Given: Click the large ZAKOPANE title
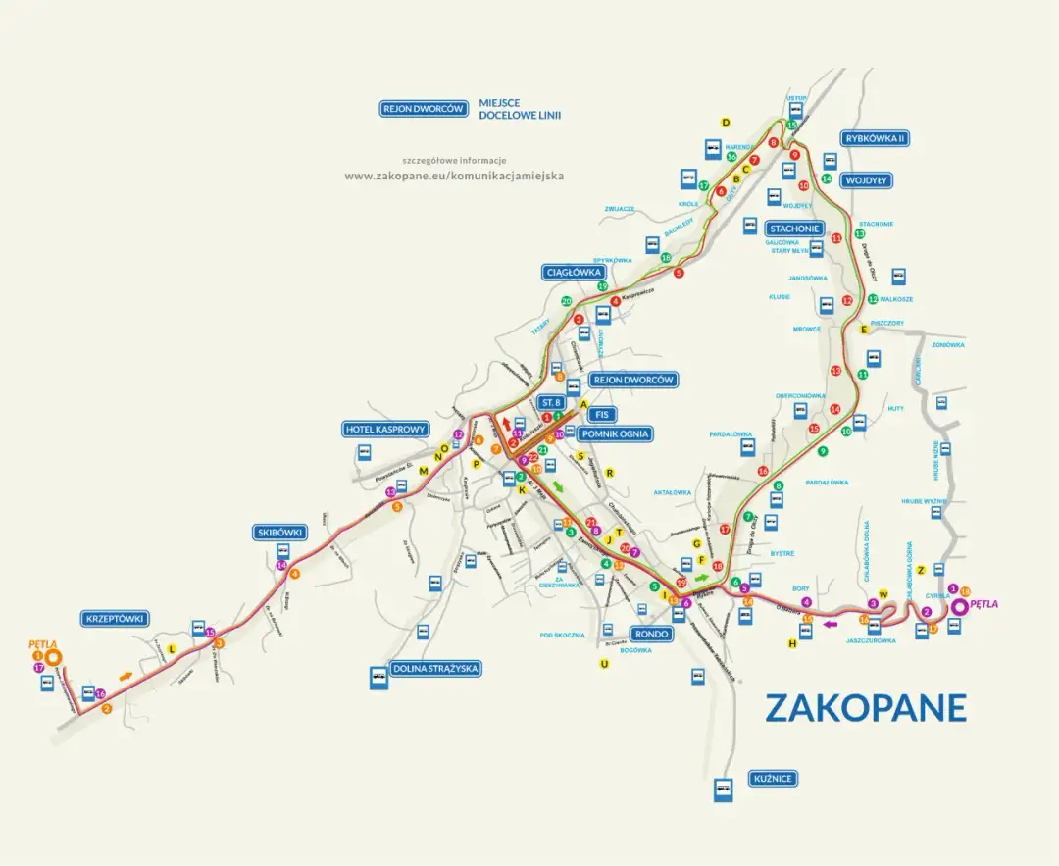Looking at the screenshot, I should pyautogui.click(x=865, y=708).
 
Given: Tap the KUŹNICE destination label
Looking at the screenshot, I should pyautogui.click(x=771, y=779).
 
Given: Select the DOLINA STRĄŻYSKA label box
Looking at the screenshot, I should pyautogui.click(x=436, y=669).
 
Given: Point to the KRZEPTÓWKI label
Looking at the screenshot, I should pyautogui.click(x=116, y=619).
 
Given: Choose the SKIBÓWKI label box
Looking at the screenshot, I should pyautogui.click(x=280, y=533).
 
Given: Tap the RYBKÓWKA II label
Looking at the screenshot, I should pyautogui.click(x=875, y=139).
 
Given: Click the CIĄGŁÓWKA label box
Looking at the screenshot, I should pyautogui.click(x=574, y=272).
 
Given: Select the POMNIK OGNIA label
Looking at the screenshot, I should pyautogui.click(x=615, y=433).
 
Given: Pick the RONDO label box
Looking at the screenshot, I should pyautogui.click(x=650, y=634).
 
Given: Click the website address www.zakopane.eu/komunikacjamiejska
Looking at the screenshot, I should pyautogui.click(x=454, y=177).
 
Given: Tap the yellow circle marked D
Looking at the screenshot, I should pyautogui.click(x=727, y=123).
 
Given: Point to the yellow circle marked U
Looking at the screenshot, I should pyautogui.click(x=604, y=664).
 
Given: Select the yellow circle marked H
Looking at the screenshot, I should pyautogui.click(x=791, y=643).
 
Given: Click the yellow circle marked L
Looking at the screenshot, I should pyautogui.click(x=172, y=649).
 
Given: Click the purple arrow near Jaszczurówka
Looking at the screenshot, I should pyautogui.click(x=831, y=622).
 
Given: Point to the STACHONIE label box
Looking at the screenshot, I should pyautogui.click(x=794, y=229).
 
